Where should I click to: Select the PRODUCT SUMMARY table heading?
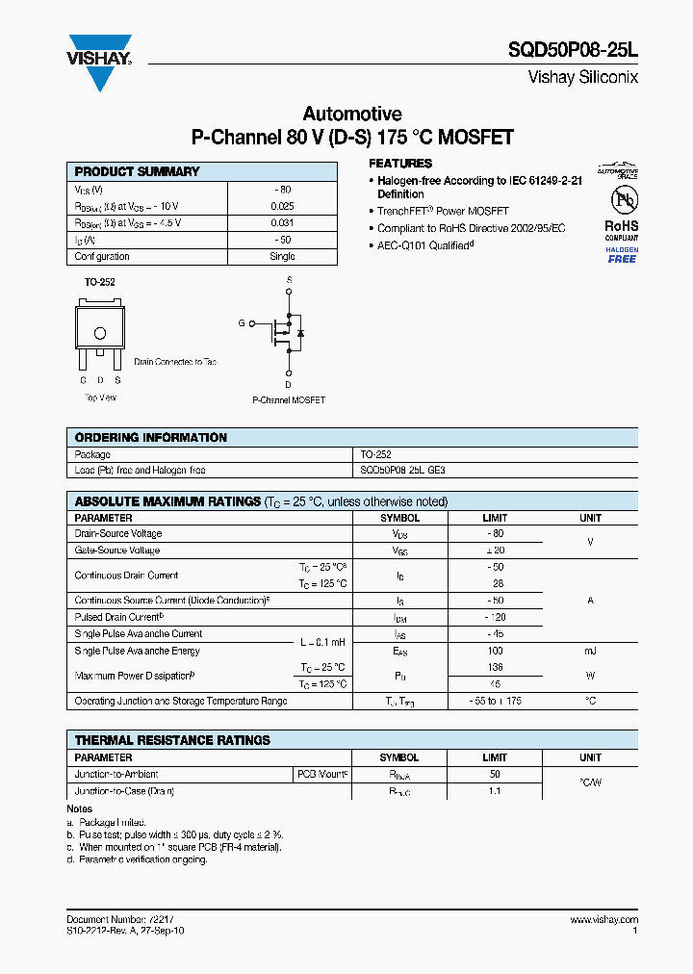coord(137,171)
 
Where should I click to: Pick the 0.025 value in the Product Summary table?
coord(282,206)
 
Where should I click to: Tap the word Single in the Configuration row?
coord(282,257)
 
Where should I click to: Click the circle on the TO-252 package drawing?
coord(99,333)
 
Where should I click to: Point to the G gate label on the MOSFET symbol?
coord(242,323)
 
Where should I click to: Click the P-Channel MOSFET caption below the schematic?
coord(289,399)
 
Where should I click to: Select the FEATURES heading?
coord(400,164)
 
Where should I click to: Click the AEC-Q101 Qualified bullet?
coord(424,245)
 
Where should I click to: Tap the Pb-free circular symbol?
coord(622,200)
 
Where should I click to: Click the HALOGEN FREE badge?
coord(621,255)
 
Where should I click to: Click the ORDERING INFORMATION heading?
coord(150,437)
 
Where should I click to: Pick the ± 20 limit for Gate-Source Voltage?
coord(495,551)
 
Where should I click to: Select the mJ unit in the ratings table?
coord(590,652)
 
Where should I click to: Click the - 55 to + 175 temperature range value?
coord(495,702)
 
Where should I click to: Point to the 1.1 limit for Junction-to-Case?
coord(495,791)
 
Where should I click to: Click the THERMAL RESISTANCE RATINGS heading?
coord(172,740)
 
